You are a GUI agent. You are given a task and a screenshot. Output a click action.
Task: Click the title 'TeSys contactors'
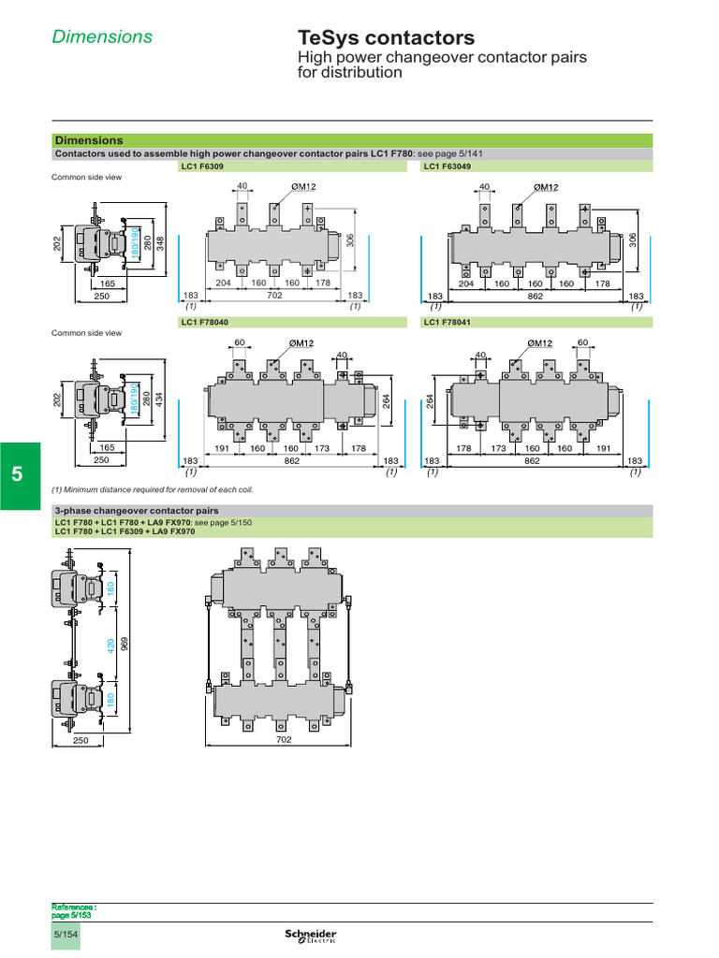[386, 37]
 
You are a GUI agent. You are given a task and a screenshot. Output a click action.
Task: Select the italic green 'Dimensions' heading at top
[101, 36]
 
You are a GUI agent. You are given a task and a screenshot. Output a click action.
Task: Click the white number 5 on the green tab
[17, 474]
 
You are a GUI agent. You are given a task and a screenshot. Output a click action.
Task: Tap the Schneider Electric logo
[310, 937]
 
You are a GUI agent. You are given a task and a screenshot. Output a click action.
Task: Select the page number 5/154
[66, 936]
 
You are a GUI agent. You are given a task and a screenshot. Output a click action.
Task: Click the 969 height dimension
[124, 646]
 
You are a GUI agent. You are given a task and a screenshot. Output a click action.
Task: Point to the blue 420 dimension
[110, 646]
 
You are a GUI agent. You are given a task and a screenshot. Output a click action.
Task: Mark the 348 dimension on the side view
[160, 243]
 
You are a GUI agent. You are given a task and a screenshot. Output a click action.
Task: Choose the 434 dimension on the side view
[160, 399]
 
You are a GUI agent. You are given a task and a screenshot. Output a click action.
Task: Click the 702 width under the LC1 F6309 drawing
[274, 296]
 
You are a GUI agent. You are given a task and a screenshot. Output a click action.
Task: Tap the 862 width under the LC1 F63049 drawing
[532, 296]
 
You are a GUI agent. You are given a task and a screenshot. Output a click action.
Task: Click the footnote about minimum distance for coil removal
[152, 489]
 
